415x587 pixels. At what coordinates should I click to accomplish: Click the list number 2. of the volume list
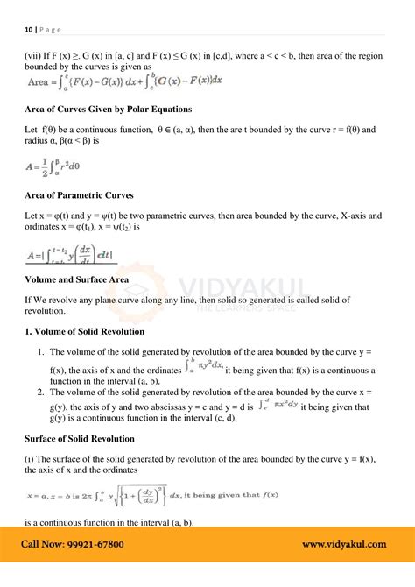click(x=40, y=392)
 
